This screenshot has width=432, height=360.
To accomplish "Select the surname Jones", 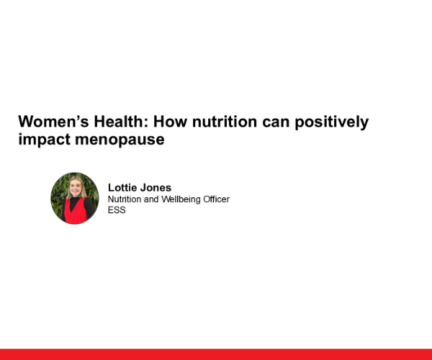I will (x=157, y=188).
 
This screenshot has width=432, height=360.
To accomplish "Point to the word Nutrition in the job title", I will (x=125, y=199).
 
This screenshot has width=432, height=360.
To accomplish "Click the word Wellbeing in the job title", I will (x=179, y=199).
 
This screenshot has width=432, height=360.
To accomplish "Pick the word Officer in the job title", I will (x=215, y=199).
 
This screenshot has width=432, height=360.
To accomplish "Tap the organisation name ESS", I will (x=117, y=210).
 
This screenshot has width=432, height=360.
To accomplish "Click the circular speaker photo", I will (x=75, y=198).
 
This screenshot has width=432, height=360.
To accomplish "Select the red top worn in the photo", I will (x=74, y=212).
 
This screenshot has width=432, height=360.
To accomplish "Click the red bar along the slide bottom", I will (x=216, y=354).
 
